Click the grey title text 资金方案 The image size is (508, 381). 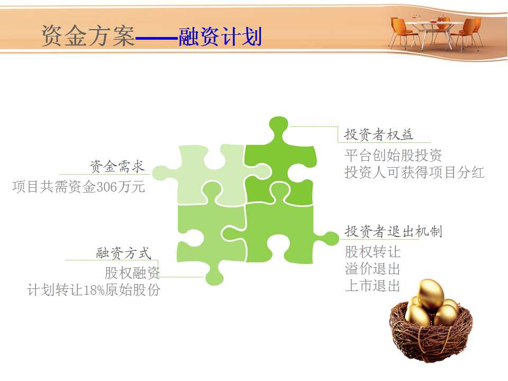(x=88, y=35)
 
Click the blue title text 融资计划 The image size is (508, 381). (x=220, y=36)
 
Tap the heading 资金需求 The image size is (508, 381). (x=117, y=167)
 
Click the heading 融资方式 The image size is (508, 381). (x=124, y=253)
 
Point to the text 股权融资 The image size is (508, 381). (x=132, y=273)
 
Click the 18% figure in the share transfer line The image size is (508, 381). (x=94, y=289)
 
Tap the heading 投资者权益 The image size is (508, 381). (x=378, y=134)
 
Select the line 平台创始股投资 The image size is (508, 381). (x=393, y=155)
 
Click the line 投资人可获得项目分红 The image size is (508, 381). (x=414, y=172)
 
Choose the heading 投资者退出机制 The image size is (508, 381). (x=393, y=231)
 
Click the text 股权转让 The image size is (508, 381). (x=373, y=252)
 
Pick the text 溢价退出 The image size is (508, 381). (x=373, y=269)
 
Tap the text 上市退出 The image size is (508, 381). (x=373, y=286)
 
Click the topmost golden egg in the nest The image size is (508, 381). (x=430, y=294)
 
